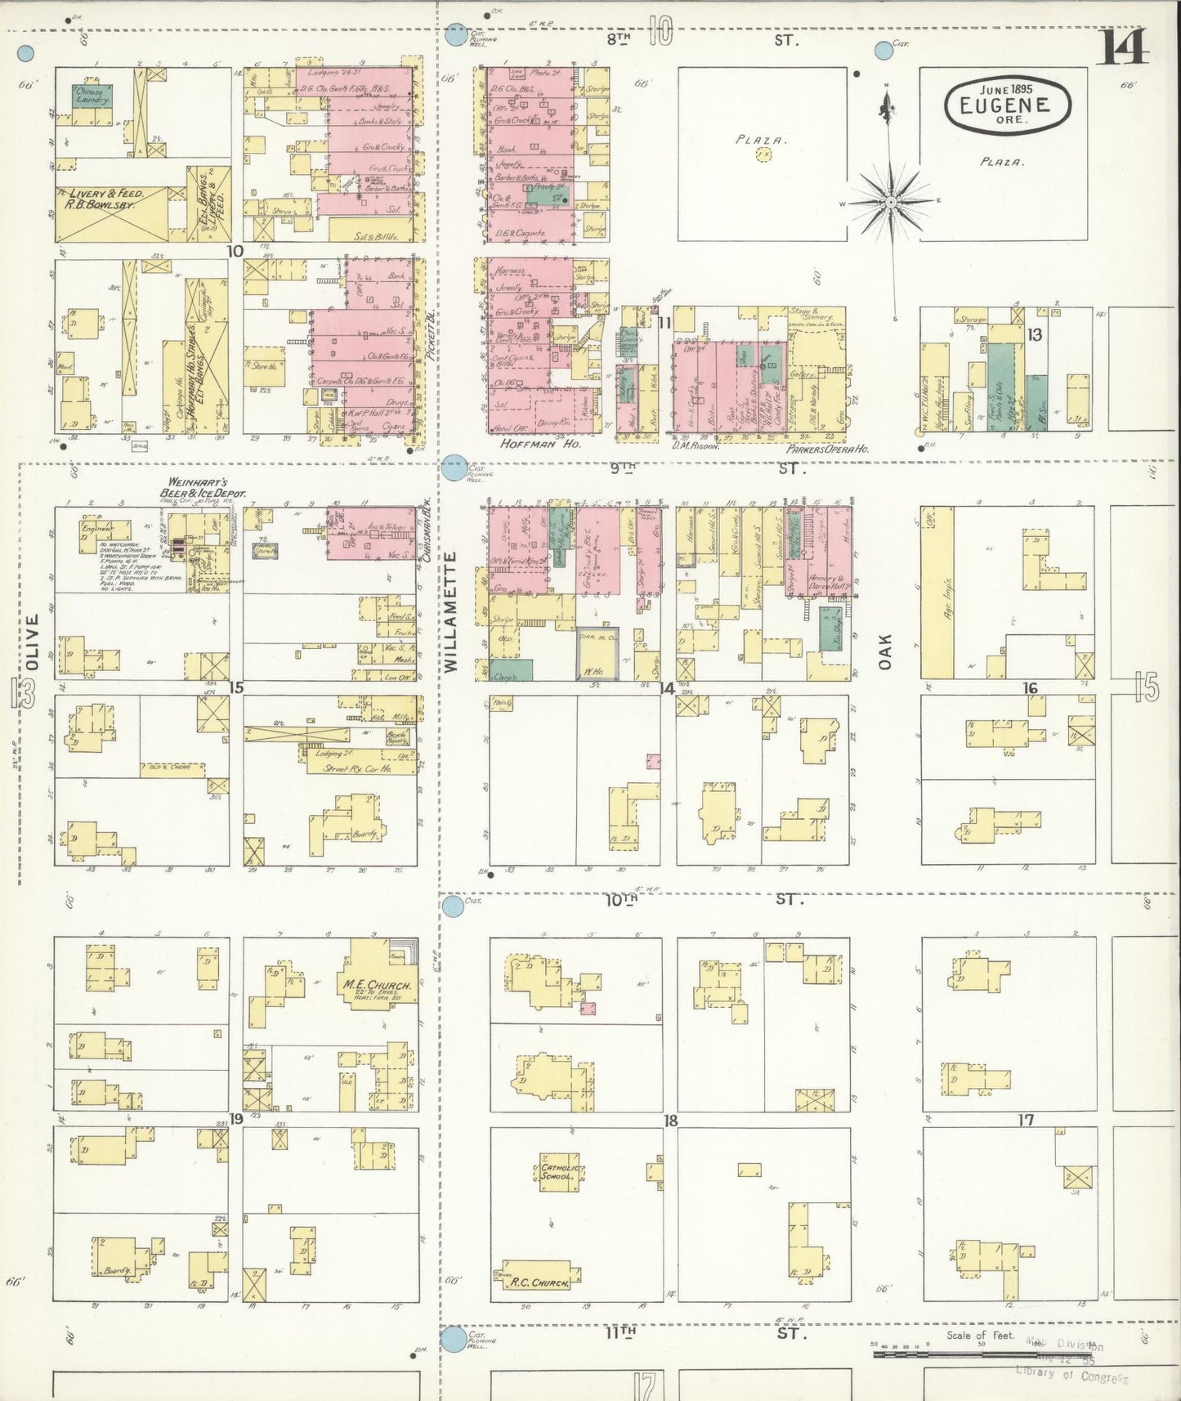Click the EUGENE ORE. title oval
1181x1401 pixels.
pyautogui.click(x=1008, y=104)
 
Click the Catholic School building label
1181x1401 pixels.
pyautogui.click(x=559, y=1171)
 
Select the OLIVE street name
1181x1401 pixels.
pyautogui.click(x=32, y=642)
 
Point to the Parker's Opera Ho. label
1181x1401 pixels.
pyautogui.click(x=826, y=449)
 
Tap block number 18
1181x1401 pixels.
pyautogui.click(x=670, y=1121)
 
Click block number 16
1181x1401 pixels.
pyautogui.click(x=1031, y=688)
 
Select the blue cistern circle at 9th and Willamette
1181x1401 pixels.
pyautogui.click(x=454, y=467)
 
